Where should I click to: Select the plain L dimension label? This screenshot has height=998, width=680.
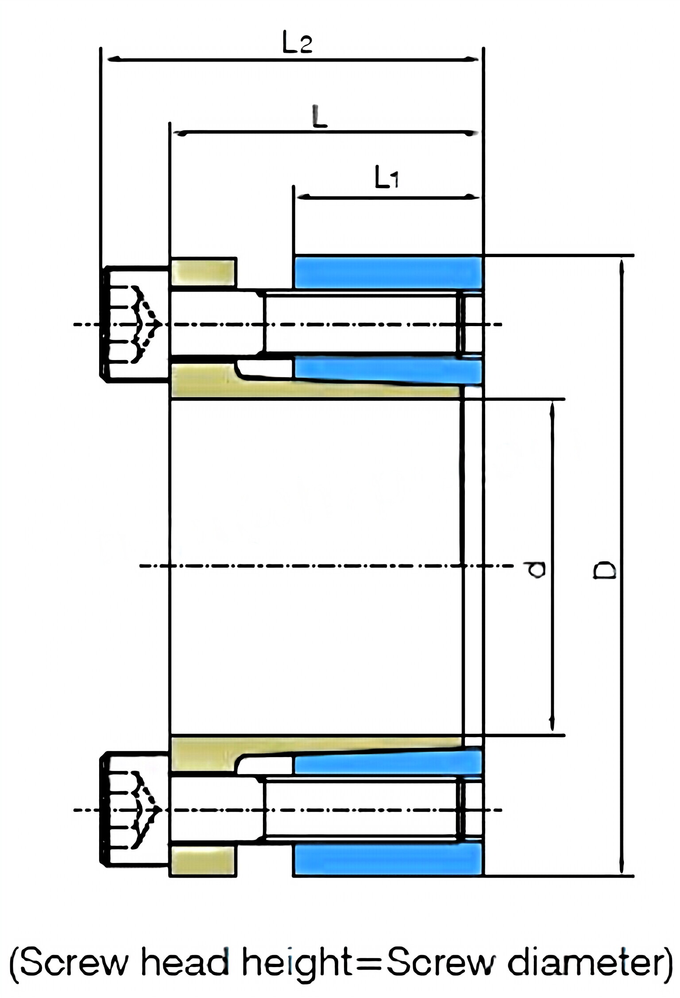(x=319, y=117)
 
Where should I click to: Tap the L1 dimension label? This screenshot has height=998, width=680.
(x=386, y=178)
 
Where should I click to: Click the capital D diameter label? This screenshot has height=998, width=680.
(x=604, y=570)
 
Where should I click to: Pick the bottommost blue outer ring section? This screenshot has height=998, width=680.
(x=387, y=859)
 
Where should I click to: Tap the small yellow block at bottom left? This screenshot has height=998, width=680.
(x=203, y=860)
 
